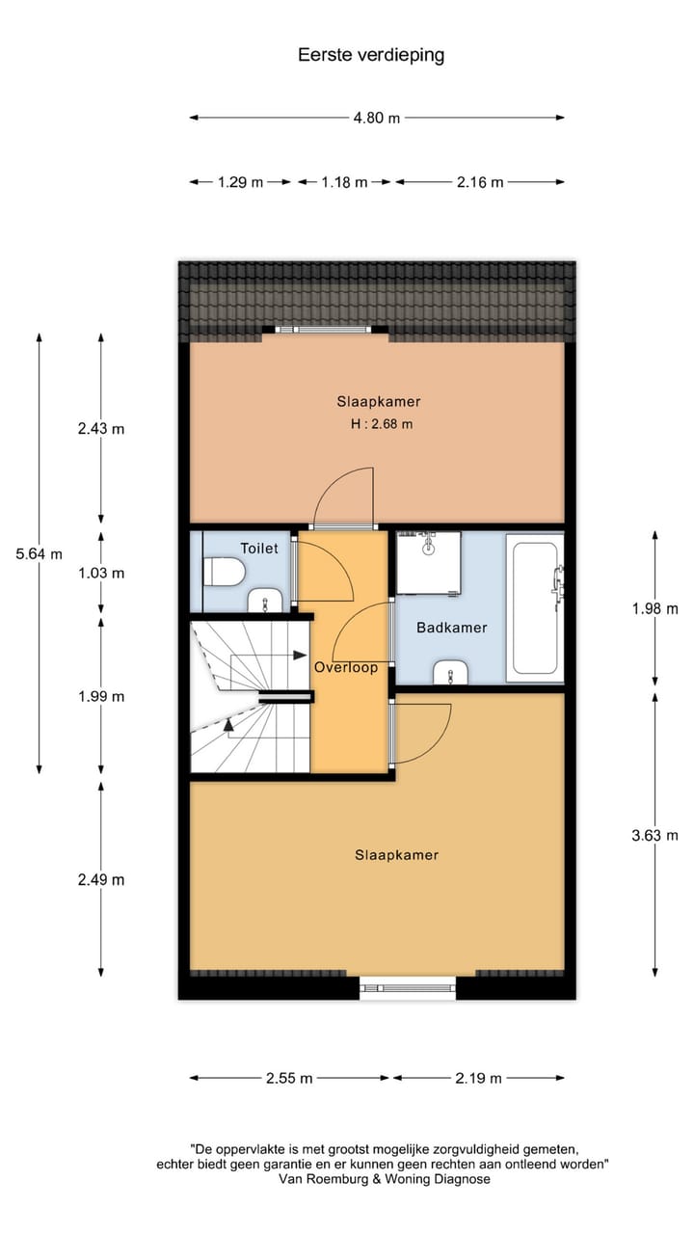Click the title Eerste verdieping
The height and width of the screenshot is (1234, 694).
pyautogui.click(x=371, y=55)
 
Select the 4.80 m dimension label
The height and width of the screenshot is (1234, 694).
pyautogui.click(x=376, y=118)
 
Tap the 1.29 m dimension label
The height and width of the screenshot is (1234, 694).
pyautogui.click(x=240, y=181)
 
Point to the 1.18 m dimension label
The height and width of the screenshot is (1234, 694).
pyautogui.click(x=344, y=181)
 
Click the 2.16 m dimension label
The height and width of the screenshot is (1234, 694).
pyautogui.click(x=480, y=181)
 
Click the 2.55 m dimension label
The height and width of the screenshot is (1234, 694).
pyautogui.click(x=289, y=1078)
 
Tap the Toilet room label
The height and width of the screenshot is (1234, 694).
pyautogui.click(x=258, y=549)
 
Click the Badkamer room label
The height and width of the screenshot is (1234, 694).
pyautogui.click(x=451, y=628)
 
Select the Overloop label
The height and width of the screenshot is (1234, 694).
pyautogui.click(x=345, y=666)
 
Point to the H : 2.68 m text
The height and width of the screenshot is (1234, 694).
pyautogui.click(x=382, y=424)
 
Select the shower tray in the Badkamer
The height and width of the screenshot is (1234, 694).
pyautogui.click(x=428, y=562)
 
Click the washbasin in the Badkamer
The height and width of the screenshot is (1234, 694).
pyautogui.click(x=450, y=672)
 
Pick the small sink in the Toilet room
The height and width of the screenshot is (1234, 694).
pyautogui.click(x=264, y=603)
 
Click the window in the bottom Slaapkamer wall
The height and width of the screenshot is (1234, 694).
pyautogui.click(x=408, y=986)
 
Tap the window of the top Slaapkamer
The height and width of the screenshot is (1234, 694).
pyautogui.click(x=325, y=330)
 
